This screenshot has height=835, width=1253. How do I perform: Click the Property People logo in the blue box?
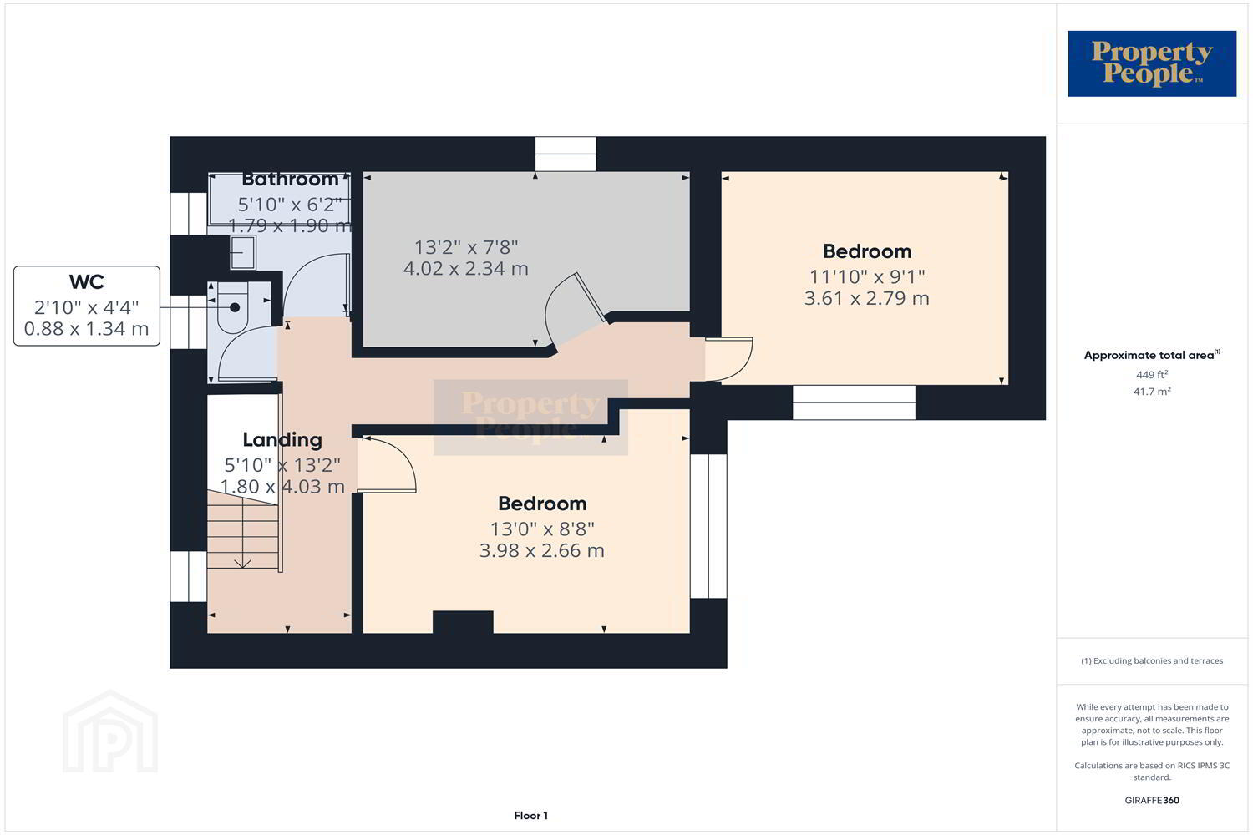[x=1152, y=63]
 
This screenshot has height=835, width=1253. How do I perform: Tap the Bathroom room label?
[x=291, y=180]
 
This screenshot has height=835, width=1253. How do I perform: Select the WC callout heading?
[x=87, y=282]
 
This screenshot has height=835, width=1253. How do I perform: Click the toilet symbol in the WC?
[x=233, y=307]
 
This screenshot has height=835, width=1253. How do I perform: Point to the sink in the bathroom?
[x=243, y=252]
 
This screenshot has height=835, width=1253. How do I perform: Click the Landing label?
[x=282, y=440]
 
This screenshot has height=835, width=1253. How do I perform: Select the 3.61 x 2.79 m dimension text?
[x=867, y=298]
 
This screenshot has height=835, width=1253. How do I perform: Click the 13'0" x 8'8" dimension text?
[x=542, y=529]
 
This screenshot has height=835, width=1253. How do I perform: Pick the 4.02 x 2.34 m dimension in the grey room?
[x=466, y=269]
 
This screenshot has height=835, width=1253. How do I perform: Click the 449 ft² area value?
[x=1152, y=374]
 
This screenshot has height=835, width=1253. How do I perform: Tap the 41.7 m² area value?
[x=1152, y=391]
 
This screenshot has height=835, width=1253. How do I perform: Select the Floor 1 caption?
[x=530, y=816]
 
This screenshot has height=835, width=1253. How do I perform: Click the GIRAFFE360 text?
[x=1152, y=800]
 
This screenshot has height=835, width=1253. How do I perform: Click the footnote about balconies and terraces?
[x=1152, y=660]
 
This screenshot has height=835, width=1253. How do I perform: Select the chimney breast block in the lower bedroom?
[x=463, y=622]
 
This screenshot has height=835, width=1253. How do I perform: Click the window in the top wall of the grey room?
[x=566, y=154]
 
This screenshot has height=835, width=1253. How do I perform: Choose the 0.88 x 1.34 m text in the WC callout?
[x=87, y=328]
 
